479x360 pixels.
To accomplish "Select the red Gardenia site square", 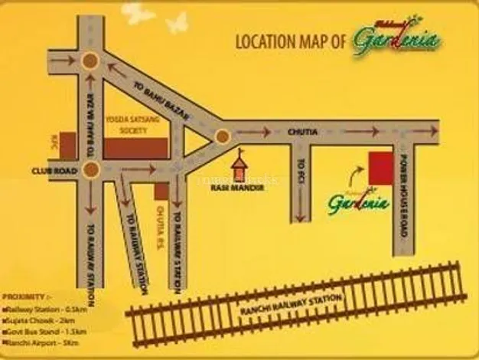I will [380, 169].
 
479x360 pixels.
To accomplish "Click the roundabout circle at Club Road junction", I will [91, 169].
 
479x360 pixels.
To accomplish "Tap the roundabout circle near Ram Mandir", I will [222, 136].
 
